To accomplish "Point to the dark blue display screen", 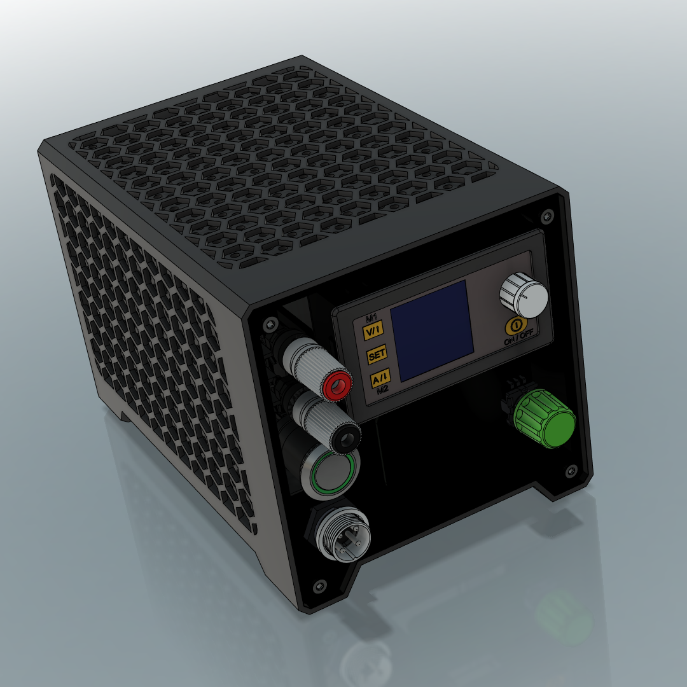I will coord(432,330).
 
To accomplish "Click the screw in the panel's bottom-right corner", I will coord(571,471).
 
